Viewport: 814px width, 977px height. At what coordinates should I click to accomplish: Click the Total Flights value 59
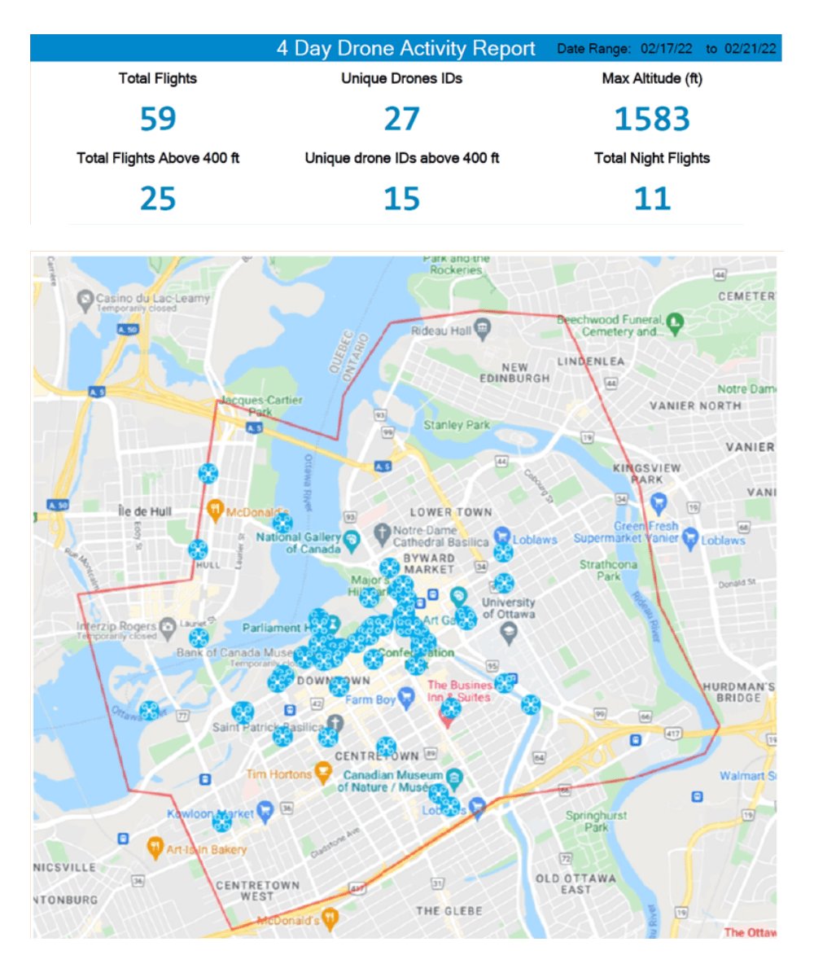[x=158, y=119]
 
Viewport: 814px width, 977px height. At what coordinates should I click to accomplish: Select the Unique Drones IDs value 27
[x=401, y=119]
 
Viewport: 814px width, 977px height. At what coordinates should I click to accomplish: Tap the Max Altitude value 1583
[x=652, y=119]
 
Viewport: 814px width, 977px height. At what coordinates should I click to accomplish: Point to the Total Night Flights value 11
[x=652, y=198]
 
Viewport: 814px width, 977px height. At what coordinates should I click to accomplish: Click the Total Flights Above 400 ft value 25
[x=158, y=198]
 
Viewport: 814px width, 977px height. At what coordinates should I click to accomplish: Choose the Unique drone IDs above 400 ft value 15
[x=401, y=198]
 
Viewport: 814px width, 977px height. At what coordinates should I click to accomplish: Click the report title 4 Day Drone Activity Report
[x=405, y=49]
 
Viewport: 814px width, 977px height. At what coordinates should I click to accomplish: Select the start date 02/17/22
[x=666, y=50]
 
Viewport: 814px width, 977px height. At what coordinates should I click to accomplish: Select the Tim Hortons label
[x=278, y=774]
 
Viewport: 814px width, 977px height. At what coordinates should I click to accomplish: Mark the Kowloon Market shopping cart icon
[x=264, y=811]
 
